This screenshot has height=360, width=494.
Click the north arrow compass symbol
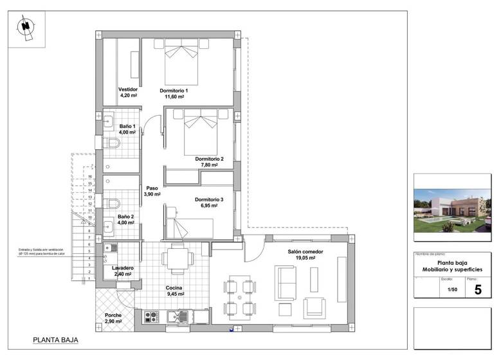pos(26,27)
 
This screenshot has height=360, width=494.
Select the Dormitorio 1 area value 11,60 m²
pos(174,97)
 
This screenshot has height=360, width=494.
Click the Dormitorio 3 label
pos(209,200)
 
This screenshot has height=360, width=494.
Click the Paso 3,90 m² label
pos(152,191)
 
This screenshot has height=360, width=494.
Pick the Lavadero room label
pos(122,267)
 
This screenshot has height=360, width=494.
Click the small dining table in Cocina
pos(177,260)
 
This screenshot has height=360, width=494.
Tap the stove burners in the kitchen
pos(152,316)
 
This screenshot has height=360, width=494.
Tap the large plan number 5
pos(477,290)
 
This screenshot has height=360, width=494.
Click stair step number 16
pos(90,175)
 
